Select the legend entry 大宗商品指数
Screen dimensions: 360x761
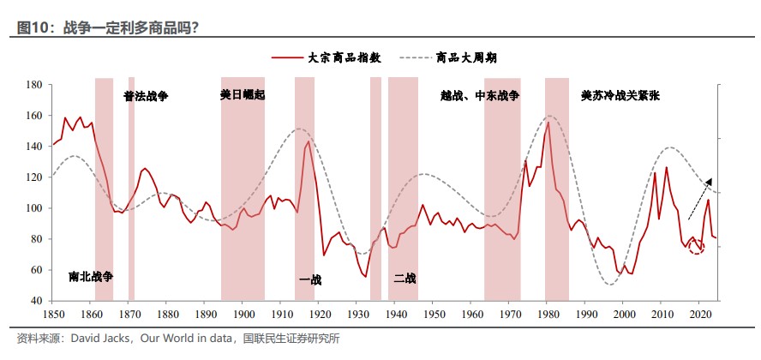[343, 57]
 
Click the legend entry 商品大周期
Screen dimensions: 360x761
[466, 57]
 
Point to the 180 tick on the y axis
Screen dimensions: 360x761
[34, 85]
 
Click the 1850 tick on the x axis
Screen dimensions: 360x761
[53, 315]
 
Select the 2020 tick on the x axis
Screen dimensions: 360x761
[700, 315]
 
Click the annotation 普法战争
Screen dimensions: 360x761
[146, 96]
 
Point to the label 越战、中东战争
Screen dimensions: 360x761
[480, 96]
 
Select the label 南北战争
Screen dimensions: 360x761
[91, 277]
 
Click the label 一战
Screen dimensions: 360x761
[309, 279]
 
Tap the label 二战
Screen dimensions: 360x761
[404, 278]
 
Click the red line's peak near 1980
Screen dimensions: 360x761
[548, 123]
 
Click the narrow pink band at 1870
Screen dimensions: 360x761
[131, 189]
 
